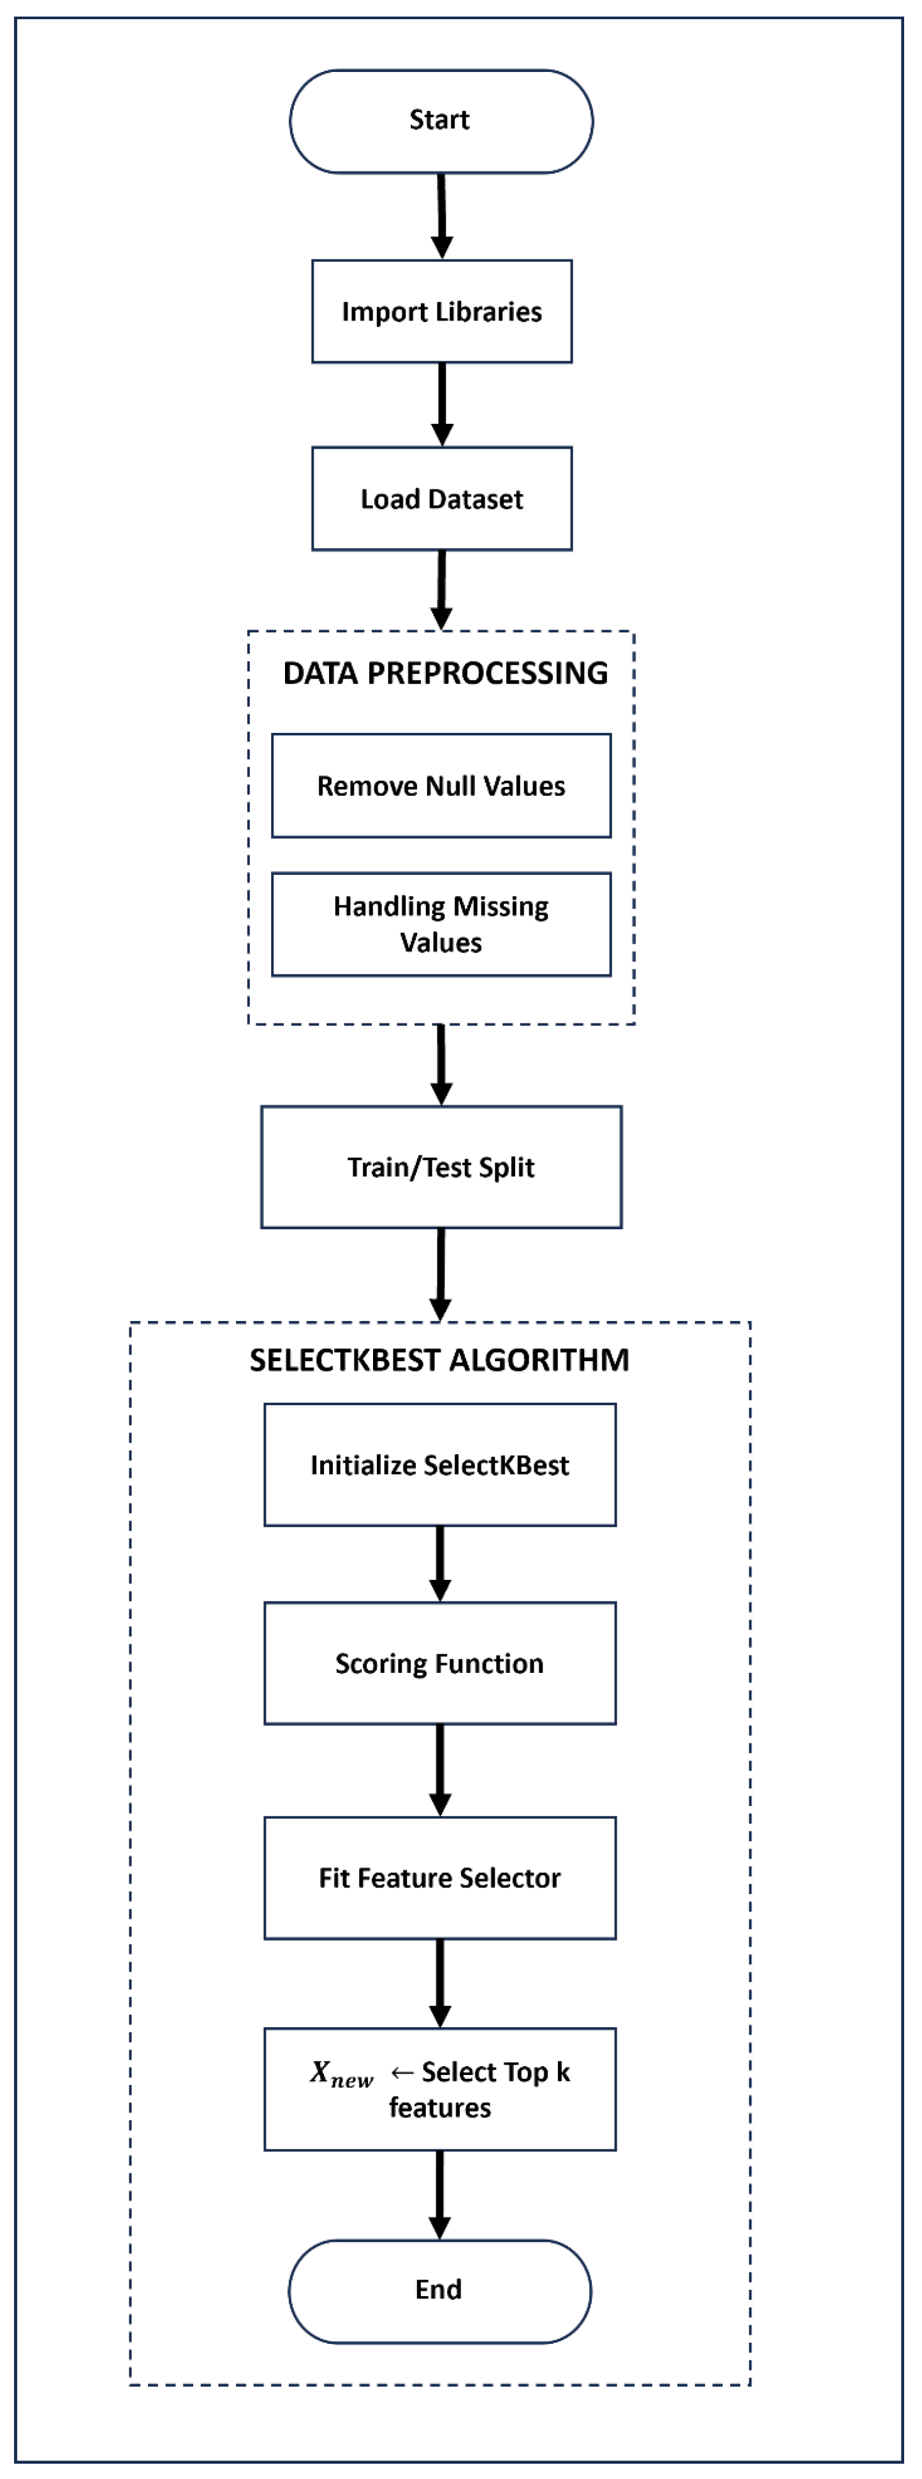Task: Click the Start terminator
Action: pyautogui.click(x=441, y=121)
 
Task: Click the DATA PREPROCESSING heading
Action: pyautogui.click(x=444, y=673)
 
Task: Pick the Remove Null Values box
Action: pyautogui.click(x=441, y=786)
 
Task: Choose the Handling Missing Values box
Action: pyautogui.click(x=441, y=924)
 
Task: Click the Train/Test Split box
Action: pyautogui.click(x=441, y=1167)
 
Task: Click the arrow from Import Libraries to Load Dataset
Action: pyautogui.click(x=442, y=404)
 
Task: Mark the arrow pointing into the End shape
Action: pyautogui.click(x=440, y=2194)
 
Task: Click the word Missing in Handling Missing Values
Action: pyautogui.click(x=501, y=907)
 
